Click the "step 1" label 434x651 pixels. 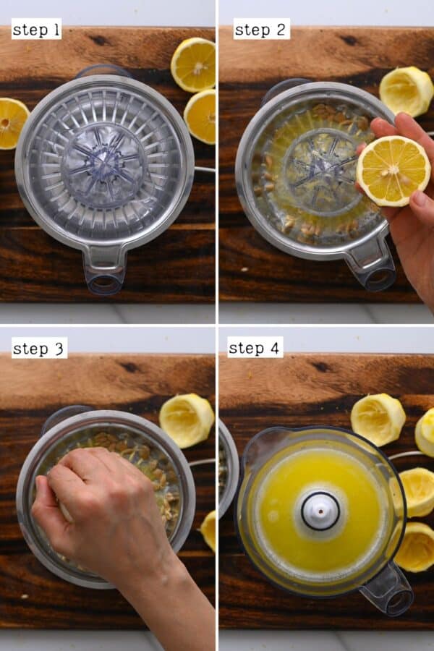pyautogui.click(x=36, y=29)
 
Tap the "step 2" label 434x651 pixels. pyautogui.click(x=261, y=29)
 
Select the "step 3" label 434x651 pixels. pyautogui.click(x=39, y=348)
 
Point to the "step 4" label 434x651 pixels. pyautogui.click(x=255, y=348)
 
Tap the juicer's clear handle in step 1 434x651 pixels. pyautogui.click(x=104, y=269)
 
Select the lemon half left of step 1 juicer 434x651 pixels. pyautogui.click(x=12, y=123)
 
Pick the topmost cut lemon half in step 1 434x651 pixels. pyautogui.click(x=194, y=64)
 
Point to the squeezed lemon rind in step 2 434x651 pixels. pyautogui.click(x=406, y=90)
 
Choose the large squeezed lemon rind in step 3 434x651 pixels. pyautogui.click(x=186, y=420)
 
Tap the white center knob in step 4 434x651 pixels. pyautogui.click(x=320, y=510)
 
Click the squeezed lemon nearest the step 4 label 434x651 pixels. pyautogui.click(x=378, y=419)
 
